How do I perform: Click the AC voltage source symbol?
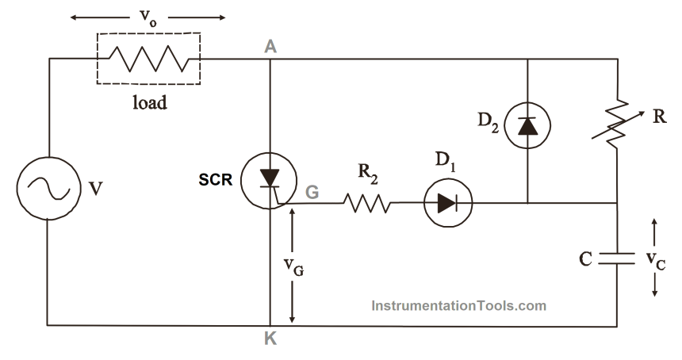(x=48, y=190)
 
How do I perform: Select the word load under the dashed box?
(x=148, y=102)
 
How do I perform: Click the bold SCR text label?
(x=216, y=180)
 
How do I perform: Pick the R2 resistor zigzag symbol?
(x=367, y=203)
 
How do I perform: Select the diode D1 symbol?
(x=446, y=203)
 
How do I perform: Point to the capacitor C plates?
(x=616, y=258)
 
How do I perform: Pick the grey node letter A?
(x=270, y=47)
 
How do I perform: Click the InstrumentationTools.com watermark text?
(x=458, y=304)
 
